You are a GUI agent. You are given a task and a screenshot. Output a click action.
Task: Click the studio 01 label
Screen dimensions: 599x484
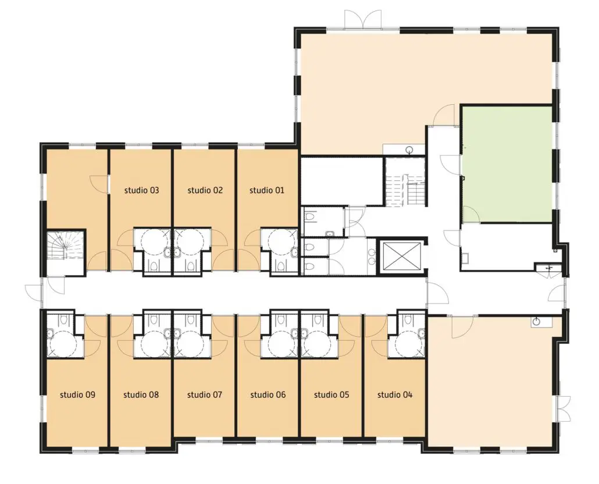click(x=267, y=190)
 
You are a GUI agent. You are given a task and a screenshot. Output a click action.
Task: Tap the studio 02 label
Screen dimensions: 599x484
click(x=205, y=190)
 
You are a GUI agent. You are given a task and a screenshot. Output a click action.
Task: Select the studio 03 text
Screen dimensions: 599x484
click(x=141, y=190)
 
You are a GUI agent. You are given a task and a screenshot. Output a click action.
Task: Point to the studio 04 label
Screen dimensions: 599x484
click(x=395, y=394)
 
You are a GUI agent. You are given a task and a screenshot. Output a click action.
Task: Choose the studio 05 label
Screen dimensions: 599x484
click(x=331, y=394)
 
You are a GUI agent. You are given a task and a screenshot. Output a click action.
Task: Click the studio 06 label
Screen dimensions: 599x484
click(x=268, y=394)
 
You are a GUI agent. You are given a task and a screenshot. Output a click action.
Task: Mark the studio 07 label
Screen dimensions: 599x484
click(x=204, y=394)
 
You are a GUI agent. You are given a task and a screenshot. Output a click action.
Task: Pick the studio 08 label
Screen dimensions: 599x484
click(x=141, y=394)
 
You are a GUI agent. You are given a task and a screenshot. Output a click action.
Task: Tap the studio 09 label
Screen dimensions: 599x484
click(x=77, y=394)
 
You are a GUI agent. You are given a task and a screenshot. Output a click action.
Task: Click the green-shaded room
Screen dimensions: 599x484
click(x=507, y=164)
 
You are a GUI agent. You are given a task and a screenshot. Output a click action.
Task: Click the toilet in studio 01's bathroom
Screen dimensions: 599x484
click(x=281, y=266)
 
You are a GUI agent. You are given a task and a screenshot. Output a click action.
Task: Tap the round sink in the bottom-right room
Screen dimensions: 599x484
click(x=537, y=322)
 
